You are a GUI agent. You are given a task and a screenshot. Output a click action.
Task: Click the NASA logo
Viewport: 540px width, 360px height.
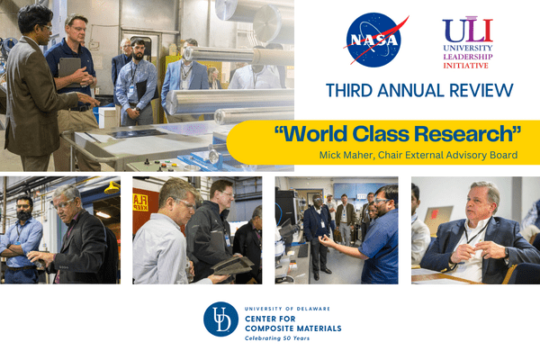pyautogui.click(x=374, y=40)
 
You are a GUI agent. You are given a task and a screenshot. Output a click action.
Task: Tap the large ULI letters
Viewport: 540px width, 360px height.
pyautogui.click(x=468, y=30)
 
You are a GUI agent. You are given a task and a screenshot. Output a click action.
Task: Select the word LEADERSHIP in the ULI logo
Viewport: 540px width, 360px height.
pyautogui.click(x=468, y=57)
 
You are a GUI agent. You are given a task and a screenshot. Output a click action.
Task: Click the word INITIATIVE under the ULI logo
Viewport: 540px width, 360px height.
pyautogui.click(x=465, y=66)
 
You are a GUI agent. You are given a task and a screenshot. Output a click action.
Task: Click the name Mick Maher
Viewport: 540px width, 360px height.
pyautogui.click(x=346, y=155)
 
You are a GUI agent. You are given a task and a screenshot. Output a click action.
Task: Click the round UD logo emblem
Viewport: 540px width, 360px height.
pyautogui.click(x=220, y=319)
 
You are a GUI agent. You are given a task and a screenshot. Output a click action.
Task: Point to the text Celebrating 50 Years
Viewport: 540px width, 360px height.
pyautogui.click(x=277, y=338)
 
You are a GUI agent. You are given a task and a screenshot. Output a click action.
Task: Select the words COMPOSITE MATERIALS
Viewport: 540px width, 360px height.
pyautogui.click(x=293, y=328)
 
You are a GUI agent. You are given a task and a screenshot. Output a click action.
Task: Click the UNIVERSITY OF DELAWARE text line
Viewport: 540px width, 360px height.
pyautogui.click(x=287, y=309)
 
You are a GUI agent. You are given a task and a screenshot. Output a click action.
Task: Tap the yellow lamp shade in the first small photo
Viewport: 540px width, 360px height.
pyautogui.click(x=112, y=187)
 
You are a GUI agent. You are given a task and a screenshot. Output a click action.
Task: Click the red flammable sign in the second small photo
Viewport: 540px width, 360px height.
pyautogui.click(x=140, y=202)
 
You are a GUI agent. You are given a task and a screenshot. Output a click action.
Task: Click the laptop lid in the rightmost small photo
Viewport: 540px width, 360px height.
pyautogui.click(x=437, y=218)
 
